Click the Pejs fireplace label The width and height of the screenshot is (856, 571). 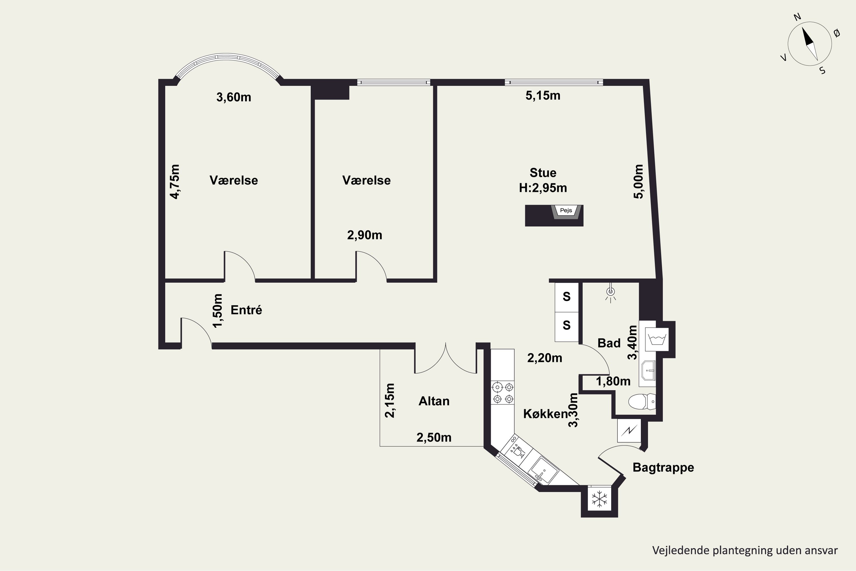point(566,210)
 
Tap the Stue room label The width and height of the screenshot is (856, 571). point(543,173)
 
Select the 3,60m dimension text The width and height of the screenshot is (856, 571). point(234,97)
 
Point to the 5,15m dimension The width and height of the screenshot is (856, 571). point(543,96)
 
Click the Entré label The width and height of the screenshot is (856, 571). point(247,310)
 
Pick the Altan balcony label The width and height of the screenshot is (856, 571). point(434,401)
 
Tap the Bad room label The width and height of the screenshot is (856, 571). point(609,343)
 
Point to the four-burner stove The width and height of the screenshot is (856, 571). point(502,393)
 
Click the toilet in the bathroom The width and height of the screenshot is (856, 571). point(642,402)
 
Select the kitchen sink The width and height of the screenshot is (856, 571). point(543,471)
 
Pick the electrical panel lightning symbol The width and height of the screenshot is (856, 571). point(629,431)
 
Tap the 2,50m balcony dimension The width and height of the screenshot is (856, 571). point(434,437)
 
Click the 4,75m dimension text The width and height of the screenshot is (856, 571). point(175,182)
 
